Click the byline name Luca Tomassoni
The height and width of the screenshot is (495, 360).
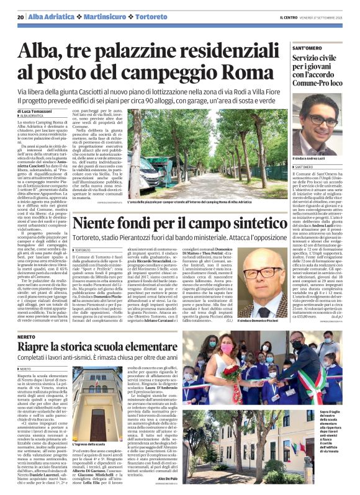coord(47,110)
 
